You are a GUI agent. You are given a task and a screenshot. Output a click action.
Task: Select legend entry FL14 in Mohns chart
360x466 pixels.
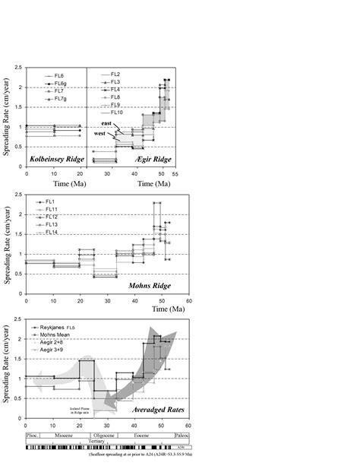(51, 232)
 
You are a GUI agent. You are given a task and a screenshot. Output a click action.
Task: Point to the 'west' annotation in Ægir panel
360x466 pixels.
(99, 135)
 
